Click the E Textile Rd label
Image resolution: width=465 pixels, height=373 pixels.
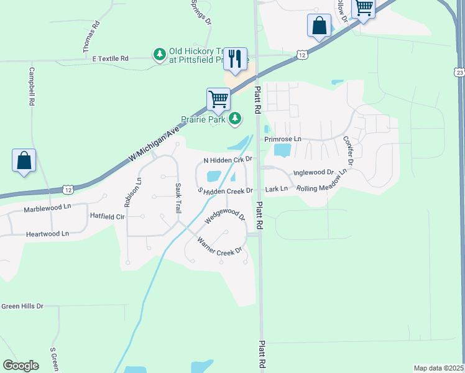point(110,58)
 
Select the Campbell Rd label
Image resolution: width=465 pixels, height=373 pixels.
point(31,86)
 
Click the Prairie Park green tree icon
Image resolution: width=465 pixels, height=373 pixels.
point(235,118)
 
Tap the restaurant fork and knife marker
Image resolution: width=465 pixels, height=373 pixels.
point(235,59)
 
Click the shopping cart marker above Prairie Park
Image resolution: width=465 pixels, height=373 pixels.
point(218,99)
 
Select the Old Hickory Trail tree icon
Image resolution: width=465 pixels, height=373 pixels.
point(160,55)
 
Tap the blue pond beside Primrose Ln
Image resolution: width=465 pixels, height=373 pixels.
point(282,150)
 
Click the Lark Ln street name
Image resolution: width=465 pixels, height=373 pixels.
point(276,188)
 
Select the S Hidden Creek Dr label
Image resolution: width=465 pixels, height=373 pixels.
point(225,190)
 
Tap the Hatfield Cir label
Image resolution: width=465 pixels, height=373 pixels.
point(108,216)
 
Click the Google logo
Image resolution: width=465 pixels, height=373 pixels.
point(21,365)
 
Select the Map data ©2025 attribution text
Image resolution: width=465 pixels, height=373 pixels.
point(438,368)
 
